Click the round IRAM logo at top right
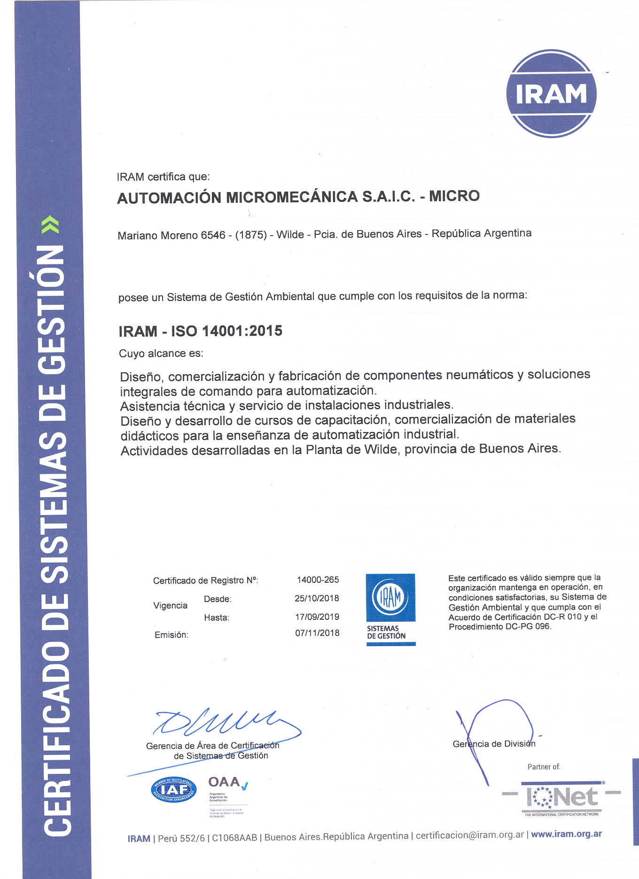pyautogui.click(x=551, y=93)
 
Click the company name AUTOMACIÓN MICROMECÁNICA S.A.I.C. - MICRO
pyautogui.click(x=298, y=197)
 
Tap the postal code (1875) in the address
pyautogui.click(x=251, y=235)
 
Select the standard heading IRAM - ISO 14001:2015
pyautogui.click(x=201, y=331)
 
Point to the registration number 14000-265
pyautogui.click(x=318, y=580)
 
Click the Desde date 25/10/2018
pyautogui.click(x=317, y=599)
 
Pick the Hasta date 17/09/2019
pyautogui.click(x=317, y=617)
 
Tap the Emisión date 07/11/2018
pyautogui.click(x=317, y=633)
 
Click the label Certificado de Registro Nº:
pyautogui.click(x=205, y=581)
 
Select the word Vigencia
pyautogui.click(x=170, y=606)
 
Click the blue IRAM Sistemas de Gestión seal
pyautogui.click(x=390, y=609)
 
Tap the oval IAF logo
pyautogui.click(x=173, y=790)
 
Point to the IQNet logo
pyautogui.click(x=561, y=797)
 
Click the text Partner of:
pyautogui.click(x=544, y=767)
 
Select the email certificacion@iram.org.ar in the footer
pyautogui.click(x=469, y=835)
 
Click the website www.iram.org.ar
pyautogui.click(x=566, y=834)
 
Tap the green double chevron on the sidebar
pyautogui.click(x=50, y=225)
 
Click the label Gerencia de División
pyautogui.click(x=494, y=744)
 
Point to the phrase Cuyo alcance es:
pyautogui.click(x=161, y=354)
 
